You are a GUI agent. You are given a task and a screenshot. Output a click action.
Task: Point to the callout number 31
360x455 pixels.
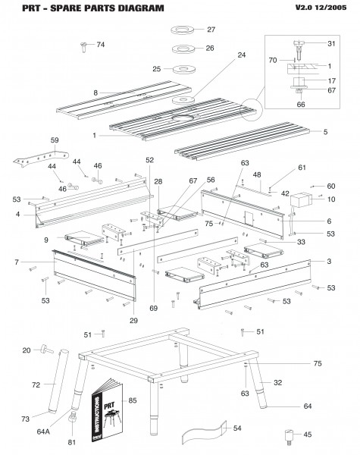pos(330,42)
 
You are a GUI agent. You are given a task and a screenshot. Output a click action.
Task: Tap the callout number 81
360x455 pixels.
pos(72,443)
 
